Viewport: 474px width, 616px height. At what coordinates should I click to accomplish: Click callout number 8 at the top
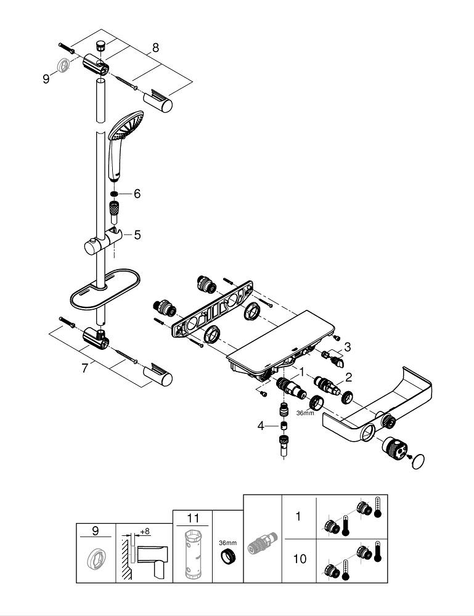155,47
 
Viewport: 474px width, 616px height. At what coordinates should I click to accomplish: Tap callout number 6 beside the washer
137,193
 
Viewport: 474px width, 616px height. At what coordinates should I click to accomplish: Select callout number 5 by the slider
137,234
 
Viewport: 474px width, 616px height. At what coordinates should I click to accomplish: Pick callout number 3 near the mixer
348,347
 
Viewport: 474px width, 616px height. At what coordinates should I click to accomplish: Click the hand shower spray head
126,127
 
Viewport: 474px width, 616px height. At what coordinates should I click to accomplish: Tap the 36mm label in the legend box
227,543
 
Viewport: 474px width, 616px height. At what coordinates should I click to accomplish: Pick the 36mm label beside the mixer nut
305,413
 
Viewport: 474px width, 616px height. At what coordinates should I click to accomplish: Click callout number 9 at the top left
46,79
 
